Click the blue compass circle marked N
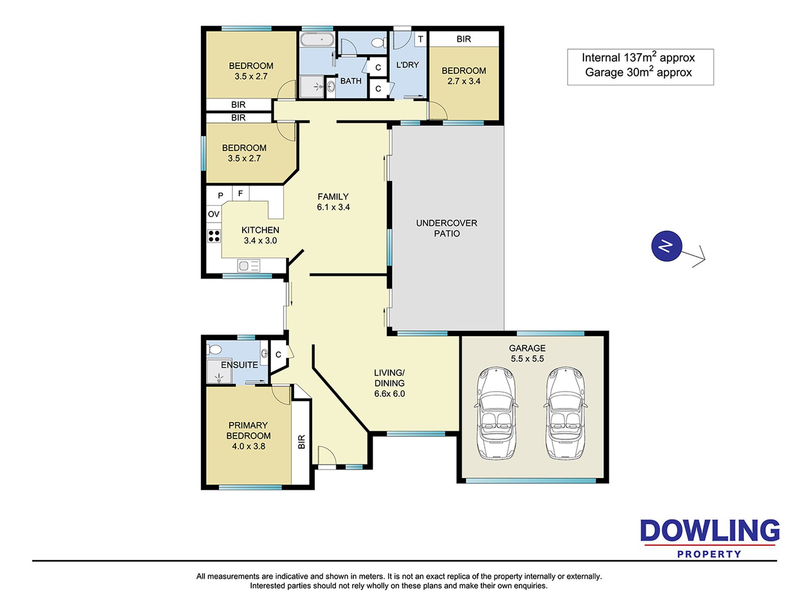[x=667, y=246]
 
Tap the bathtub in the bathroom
[x=317, y=40]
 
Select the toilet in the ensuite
[x=215, y=349]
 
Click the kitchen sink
[x=249, y=266]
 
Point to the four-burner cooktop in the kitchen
[x=214, y=236]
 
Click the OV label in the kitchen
[x=214, y=214]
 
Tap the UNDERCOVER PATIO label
[x=446, y=228]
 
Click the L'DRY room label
[x=407, y=65]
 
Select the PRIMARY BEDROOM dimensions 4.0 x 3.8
[x=249, y=446]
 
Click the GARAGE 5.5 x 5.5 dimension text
[x=527, y=359]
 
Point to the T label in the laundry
[x=420, y=40]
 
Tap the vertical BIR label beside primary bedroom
[x=301, y=442]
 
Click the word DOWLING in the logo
[x=710, y=531]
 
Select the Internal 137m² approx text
[x=638, y=57]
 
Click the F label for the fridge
[x=241, y=193]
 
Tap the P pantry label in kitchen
[x=220, y=195]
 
